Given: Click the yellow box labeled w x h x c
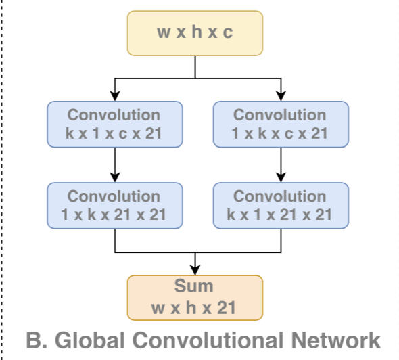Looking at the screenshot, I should (x=195, y=33).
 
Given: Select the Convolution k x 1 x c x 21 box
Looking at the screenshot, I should (x=115, y=124).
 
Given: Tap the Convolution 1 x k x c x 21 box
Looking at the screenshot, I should (x=281, y=124).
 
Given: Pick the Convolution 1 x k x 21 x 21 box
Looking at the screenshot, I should (x=115, y=205).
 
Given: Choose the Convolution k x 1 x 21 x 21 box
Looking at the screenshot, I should (x=281, y=205).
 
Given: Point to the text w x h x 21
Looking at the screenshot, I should (x=194, y=309).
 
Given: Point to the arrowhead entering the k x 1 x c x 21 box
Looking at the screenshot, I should (x=115, y=96).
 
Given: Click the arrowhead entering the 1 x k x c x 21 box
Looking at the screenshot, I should (x=281, y=96).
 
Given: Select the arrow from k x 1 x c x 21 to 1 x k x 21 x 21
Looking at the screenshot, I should (x=115, y=164).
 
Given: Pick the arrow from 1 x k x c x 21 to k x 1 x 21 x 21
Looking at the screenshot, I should (x=281, y=164).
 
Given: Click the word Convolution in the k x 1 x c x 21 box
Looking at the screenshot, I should (x=114, y=115).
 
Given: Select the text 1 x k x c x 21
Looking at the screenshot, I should (x=280, y=133).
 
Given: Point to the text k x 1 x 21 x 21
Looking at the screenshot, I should (x=280, y=215).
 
